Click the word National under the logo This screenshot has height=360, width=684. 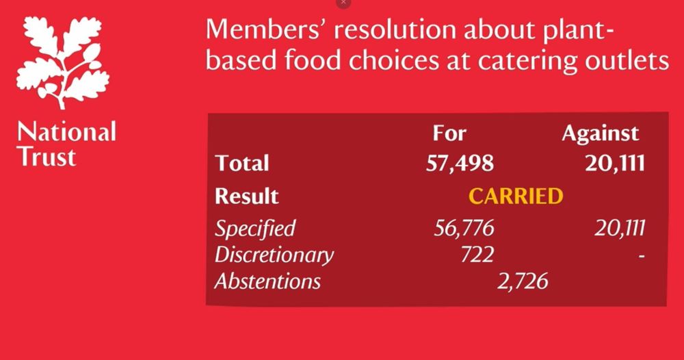pos(66,131)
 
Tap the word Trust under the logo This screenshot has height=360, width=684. pos(47,157)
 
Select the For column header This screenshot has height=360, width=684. pos(449,133)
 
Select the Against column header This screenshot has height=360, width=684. pos(600,133)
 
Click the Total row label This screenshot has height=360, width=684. pos(242,164)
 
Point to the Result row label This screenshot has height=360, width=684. pos(247,196)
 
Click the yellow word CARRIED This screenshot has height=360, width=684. pos(516,196)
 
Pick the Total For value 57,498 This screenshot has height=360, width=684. pos(460,164)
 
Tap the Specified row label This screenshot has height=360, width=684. pos(255,228)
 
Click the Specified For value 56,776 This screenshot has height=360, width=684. pos(464,228)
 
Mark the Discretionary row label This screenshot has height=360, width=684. pos(274,255)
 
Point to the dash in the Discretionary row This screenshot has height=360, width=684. pos(641,255)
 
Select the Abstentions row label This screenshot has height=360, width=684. pos(267,281)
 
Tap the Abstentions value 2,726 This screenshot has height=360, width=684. pos(523,281)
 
